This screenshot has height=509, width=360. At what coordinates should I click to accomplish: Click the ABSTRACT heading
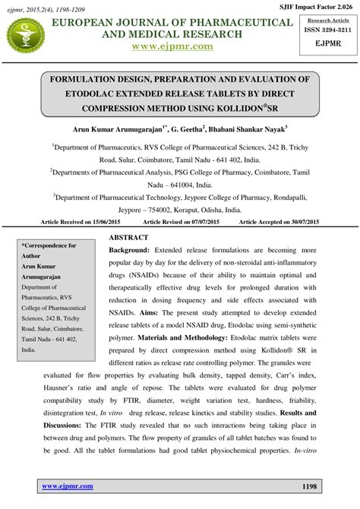[131, 237]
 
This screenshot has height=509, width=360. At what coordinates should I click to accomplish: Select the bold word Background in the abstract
[129, 250]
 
